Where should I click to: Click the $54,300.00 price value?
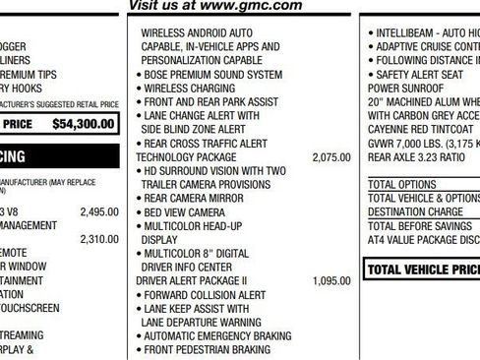pos(86,125)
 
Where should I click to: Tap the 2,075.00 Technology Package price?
pos(330,156)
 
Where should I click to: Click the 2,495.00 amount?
pos(98,211)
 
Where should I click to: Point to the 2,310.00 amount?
pos(98,239)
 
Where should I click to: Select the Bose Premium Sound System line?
pos(211,74)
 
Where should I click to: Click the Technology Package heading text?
pos(186,156)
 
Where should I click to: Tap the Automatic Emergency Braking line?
pos(217,335)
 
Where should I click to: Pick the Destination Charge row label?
pos(415,211)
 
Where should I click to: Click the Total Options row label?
pos(401,184)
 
